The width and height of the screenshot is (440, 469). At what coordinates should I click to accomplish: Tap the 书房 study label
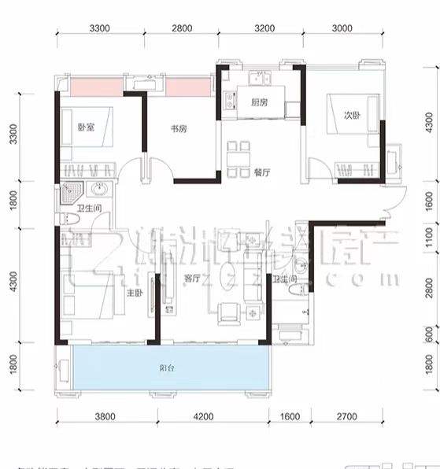tap(179, 128)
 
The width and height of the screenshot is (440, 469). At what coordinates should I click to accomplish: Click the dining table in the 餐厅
tap(237, 158)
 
